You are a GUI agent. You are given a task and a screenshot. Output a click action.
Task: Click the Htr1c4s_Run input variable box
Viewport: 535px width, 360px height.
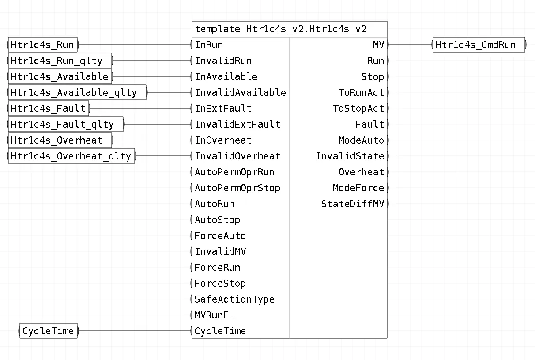click(43, 45)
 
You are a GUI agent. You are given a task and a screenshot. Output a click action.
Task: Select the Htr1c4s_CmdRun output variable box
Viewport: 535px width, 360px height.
click(479, 45)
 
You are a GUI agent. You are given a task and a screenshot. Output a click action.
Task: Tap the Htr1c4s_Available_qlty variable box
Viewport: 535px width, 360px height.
click(77, 92)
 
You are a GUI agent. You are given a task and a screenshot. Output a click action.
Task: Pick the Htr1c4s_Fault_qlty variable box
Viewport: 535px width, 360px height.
click(66, 124)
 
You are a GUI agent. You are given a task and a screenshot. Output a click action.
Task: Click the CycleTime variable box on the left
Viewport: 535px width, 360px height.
click(49, 331)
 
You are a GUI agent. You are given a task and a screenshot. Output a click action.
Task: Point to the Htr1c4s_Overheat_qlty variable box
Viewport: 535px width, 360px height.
click(72, 156)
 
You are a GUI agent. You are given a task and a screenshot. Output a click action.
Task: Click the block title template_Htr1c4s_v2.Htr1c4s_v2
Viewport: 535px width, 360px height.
click(281, 29)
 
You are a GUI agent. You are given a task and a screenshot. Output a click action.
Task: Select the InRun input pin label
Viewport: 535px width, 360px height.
click(209, 45)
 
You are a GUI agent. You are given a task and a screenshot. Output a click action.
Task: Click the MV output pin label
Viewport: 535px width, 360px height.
click(378, 45)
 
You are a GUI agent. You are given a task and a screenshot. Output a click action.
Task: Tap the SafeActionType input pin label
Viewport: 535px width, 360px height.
click(234, 299)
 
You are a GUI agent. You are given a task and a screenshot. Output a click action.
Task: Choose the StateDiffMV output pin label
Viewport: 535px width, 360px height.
click(353, 204)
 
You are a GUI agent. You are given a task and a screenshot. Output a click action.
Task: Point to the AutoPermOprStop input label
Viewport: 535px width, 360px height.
click(237, 188)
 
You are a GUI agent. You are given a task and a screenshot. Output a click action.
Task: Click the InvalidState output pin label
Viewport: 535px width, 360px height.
click(350, 156)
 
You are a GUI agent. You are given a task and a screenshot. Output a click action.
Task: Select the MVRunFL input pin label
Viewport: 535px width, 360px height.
click(214, 315)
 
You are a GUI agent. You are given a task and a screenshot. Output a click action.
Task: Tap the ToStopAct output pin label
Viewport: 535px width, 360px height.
click(358, 108)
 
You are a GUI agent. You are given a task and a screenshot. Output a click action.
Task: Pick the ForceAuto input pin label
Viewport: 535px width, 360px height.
click(220, 236)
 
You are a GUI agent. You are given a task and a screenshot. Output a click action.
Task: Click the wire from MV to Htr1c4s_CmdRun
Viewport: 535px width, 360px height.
click(411, 45)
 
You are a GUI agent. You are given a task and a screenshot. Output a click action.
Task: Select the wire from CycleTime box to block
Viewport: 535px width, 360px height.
click(135, 331)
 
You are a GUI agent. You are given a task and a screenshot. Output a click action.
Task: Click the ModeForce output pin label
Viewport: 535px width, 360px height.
click(358, 188)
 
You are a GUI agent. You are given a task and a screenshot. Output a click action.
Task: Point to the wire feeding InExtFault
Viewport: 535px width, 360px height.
click(141, 108)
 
